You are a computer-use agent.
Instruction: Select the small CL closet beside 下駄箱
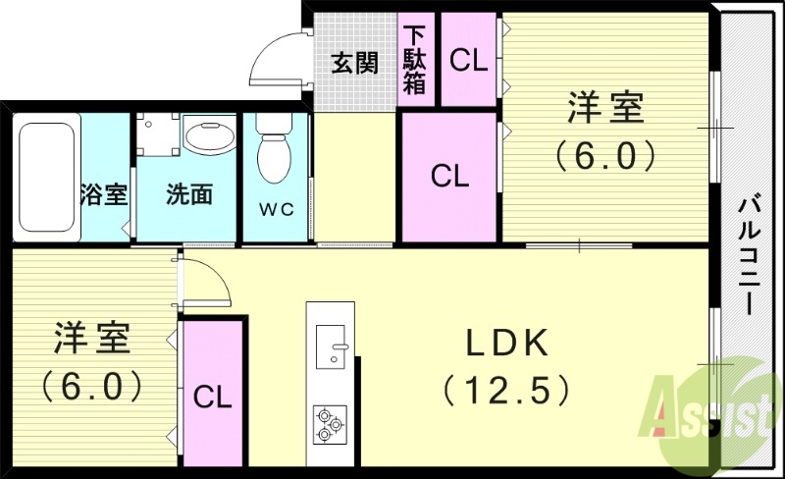coord(468,60)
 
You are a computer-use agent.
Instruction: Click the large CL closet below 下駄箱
coord(449,177)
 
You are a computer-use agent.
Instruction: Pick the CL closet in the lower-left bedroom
coord(212,398)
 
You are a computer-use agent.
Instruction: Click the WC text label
coord(277,209)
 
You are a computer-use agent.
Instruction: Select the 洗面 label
coord(188,194)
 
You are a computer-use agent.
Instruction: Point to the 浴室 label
coord(104,194)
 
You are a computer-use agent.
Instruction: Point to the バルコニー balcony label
coord(748,255)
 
